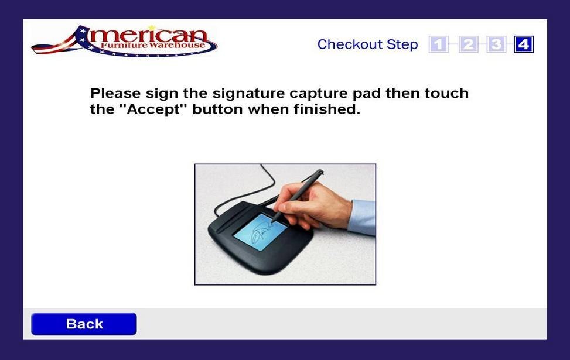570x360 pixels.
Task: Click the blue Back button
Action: [x=84, y=324]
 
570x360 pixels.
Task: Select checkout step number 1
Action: [x=438, y=44]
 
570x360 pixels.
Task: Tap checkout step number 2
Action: [x=468, y=44]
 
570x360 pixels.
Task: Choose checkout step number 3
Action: [x=496, y=44]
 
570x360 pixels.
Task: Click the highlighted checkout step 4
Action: [x=524, y=44]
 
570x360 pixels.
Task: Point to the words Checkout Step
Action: [x=367, y=44]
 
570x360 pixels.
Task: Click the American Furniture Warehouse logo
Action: [x=124, y=41]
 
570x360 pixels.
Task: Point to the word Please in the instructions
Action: [x=115, y=94]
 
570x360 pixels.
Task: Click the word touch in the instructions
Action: [x=447, y=94]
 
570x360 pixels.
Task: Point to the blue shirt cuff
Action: [x=363, y=217]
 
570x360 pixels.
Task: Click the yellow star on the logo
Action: [x=151, y=27]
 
